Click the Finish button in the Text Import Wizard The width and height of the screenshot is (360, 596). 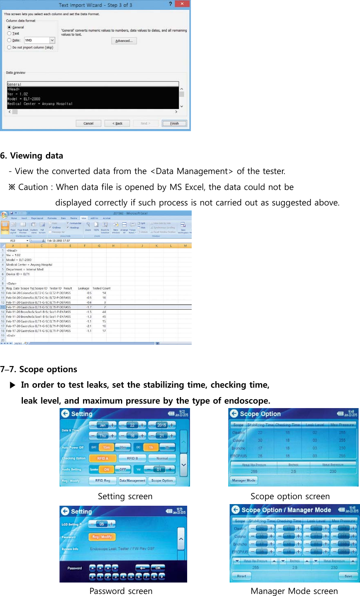pyautogui.click(x=174, y=123)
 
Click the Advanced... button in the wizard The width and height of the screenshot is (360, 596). pyautogui.click(x=124, y=41)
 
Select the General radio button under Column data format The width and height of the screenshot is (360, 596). pyautogui.click(x=9, y=27)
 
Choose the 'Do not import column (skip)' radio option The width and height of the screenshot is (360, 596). pyautogui.click(x=9, y=47)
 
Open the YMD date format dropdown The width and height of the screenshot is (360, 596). pyautogui.click(x=52, y=40)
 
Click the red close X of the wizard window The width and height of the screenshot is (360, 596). pyautogui.click(x=182, y=4)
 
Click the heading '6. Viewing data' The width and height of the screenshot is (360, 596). pyautogui.click(x=32, y=156)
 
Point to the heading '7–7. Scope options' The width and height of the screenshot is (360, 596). pyautogui.click(x=39, y=369)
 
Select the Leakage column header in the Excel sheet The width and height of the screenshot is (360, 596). pyautogui.click(x=84, y=288)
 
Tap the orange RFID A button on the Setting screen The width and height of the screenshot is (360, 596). pyautogui.click(x=103, y=458)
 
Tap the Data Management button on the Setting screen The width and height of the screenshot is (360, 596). pyautogui.click(x=132, y=481)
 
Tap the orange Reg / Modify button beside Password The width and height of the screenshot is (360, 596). pyautogui.click(x=102, y=537)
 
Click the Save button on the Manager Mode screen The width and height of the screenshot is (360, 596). pyautogui.click(x=348, y=576)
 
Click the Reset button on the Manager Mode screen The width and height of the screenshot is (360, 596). pyautogui.click(x=241, y=576)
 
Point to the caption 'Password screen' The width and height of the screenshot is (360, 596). pyautogui.click(x=121, y=591)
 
